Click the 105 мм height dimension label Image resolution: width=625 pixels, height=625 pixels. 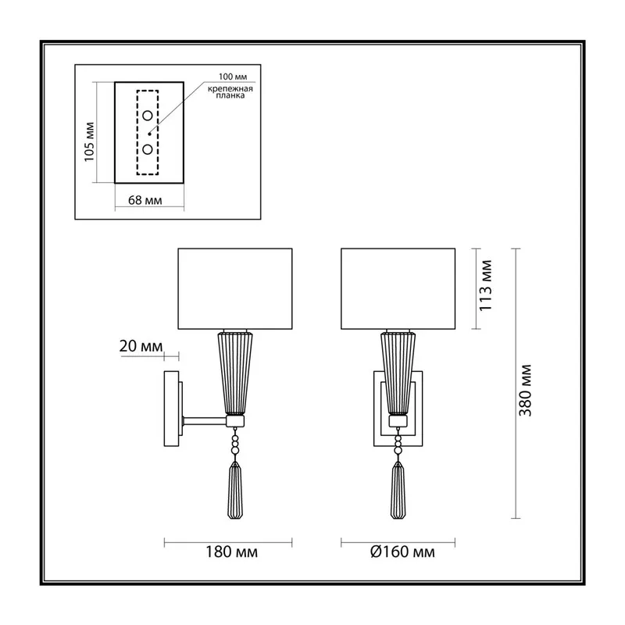pyautogui.click(x=90, y=142)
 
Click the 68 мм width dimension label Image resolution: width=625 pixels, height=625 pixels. pyautogui.click(x=145, y=200)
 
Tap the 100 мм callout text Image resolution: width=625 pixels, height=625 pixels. pyautogui.click(x=233, y=77)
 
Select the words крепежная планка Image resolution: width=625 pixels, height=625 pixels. pyautogui.click(x=230, y=92)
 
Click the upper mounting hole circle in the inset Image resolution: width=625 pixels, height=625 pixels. pyautogui.click(x=148, y=116)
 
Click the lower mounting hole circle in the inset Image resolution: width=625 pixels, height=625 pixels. pyautogui.click(x=148, y=149)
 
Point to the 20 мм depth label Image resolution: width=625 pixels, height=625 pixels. pyautogui.click(x=141, y=346)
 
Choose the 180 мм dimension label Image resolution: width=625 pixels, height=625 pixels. pyautogui.click(x=231, y=552)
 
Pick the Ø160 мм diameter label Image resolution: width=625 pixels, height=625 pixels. pyautogui.click(x=402, y=552)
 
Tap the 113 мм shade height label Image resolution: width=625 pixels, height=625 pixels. pyautogui.click(x=485, y=285)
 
